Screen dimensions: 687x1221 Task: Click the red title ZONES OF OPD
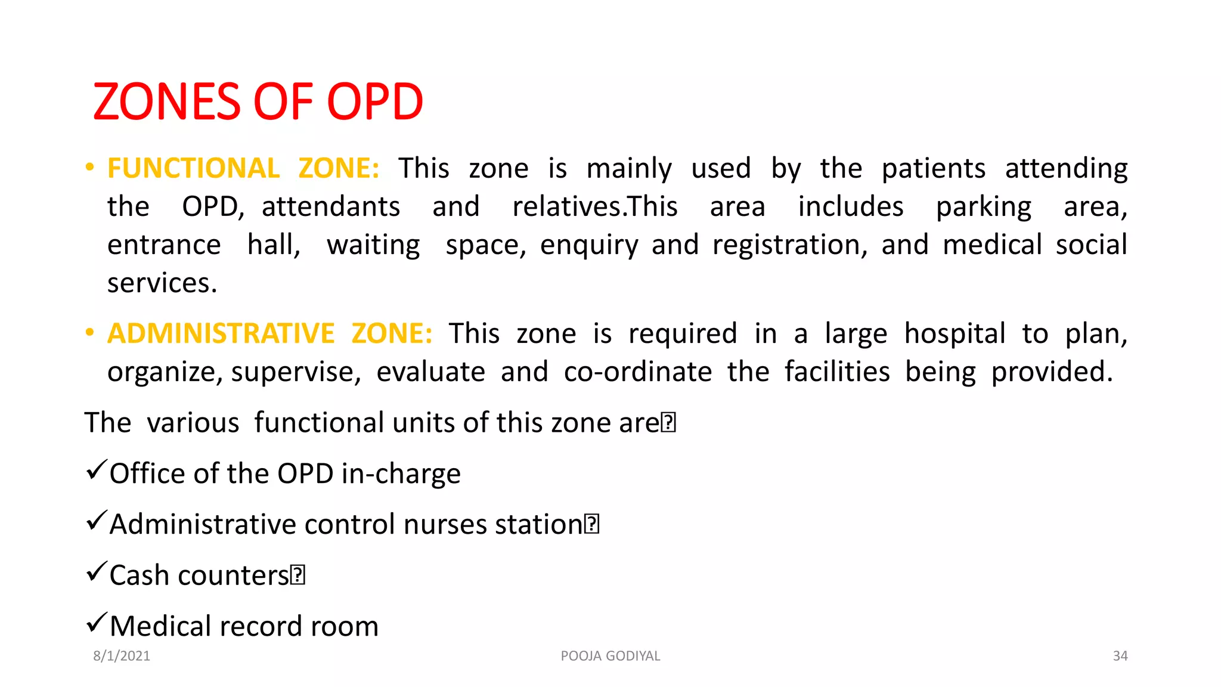(x=258, y=102)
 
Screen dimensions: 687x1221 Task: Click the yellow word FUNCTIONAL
(x=193, y=168)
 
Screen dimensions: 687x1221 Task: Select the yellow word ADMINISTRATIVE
(x=221, y=333)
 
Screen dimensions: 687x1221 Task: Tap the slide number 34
(x=1120, y=656)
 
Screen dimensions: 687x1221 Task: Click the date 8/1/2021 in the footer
(x=122, y=656)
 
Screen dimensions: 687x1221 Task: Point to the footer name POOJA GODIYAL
(x=610, y=656)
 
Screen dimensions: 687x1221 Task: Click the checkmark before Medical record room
(x=97, y=623)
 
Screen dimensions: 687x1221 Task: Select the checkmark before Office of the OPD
(x=97, y=470)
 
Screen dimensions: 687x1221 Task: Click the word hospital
(x=955, y=333)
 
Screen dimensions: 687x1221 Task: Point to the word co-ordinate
(x=637, y=372)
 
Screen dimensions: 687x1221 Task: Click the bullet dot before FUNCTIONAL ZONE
(x=89, y=167)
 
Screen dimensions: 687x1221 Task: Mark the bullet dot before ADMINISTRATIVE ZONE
(x=89, y=332)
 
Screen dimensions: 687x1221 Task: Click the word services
(x=162, y=283)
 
